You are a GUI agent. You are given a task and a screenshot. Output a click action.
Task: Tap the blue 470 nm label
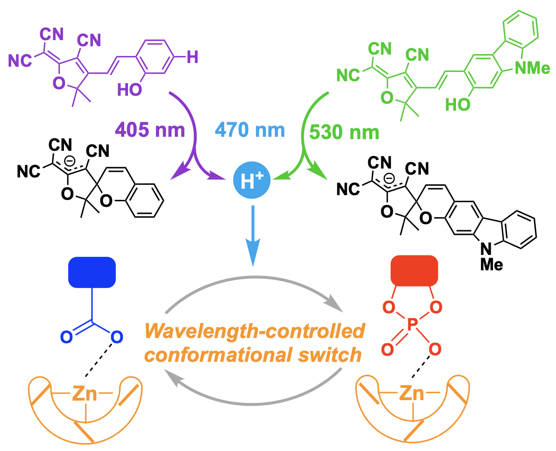coord(250,130)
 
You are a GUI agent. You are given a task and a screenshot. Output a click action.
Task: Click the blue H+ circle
coord(252,181)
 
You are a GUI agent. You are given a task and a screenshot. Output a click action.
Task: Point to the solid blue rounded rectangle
coord(92,272)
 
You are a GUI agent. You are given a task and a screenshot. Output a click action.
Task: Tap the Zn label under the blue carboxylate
coord(85,395)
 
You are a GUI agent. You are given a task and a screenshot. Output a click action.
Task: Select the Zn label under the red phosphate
coord(411,395)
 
